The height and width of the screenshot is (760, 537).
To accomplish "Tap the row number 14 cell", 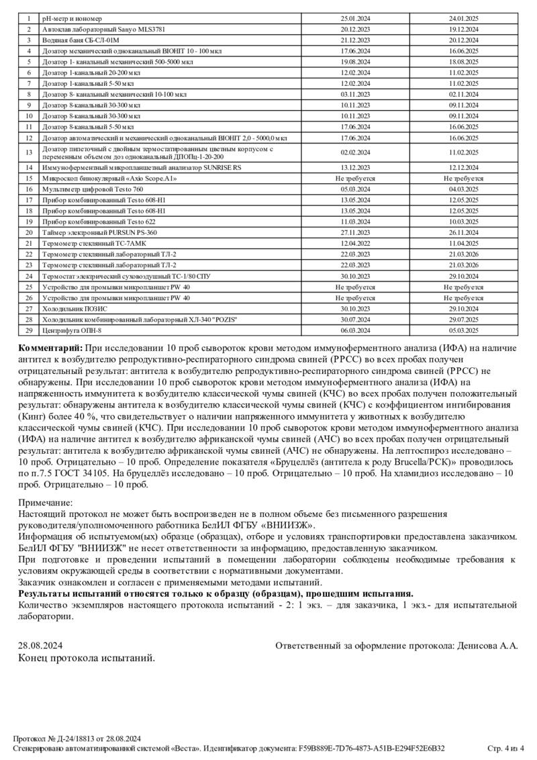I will point(29,167).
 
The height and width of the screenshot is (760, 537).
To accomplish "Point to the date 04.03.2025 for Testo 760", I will point(463,189).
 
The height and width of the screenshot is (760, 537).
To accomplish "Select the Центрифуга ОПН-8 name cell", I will point(72,330).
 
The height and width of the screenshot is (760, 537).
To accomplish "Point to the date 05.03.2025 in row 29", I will point(463,330).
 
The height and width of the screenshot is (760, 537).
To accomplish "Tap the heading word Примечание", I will point(45,502).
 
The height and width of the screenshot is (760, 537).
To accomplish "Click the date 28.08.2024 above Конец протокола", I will point(39,645).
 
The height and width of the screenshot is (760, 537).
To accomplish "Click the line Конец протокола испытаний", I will point(86,657).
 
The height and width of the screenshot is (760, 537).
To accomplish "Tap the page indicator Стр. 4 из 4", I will point(505,747).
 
